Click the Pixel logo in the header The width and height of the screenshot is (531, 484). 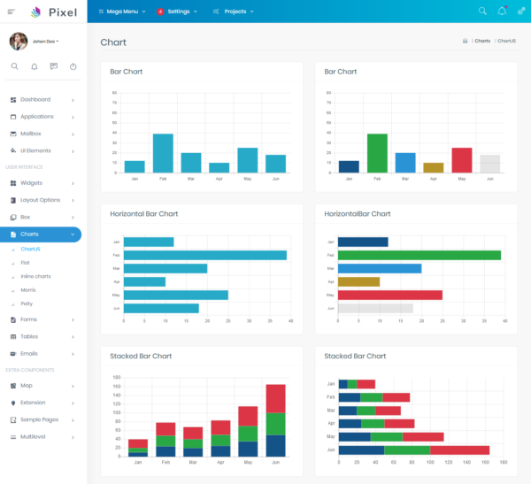(x=53, y=12)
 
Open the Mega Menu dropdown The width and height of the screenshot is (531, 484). (x=122, y=12)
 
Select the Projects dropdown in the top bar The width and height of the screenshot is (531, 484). (x=234, y=12)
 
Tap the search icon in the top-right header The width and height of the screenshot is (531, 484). (x=482, y=12)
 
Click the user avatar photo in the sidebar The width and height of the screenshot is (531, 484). (x=18, y=41)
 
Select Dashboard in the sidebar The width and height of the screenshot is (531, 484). (x=35, y=100)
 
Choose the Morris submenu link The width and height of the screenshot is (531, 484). (x=27, y=290)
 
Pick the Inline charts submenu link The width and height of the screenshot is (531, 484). (x=35, y=276)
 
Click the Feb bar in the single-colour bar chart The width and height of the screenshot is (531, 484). (x=163, y=153)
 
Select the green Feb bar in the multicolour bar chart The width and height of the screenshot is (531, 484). (x=377, y=153)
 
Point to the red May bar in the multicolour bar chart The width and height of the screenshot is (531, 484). (x=462, y=160)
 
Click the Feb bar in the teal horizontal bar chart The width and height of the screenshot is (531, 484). (x=204, y=255)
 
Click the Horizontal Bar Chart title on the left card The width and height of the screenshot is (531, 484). (x=144, y=214)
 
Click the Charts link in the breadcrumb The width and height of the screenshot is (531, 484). (x=482, y=42)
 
